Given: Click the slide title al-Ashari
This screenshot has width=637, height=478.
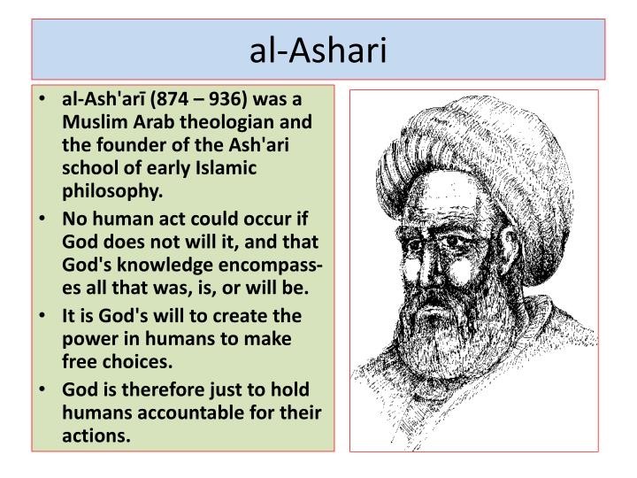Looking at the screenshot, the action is [x=318, y=50].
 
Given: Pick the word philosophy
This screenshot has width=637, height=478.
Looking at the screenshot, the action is [x=112, y=191].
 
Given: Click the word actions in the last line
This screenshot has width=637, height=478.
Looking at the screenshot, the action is [x=96, y=436].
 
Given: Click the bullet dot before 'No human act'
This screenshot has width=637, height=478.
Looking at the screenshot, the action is [x=42, y=219].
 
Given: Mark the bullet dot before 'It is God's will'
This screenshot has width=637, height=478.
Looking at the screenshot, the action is [x=42, y=315].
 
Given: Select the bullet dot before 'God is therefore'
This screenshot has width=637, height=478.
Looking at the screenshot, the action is [x=42, y=389].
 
